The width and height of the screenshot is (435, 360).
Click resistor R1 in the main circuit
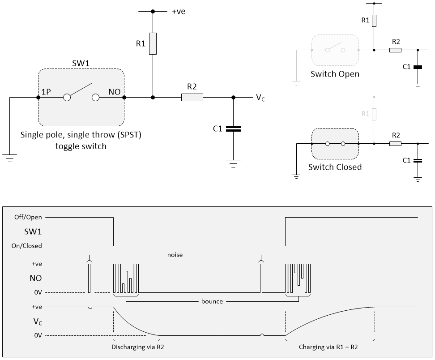(153, 43)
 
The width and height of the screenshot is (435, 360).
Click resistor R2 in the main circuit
(192, 97)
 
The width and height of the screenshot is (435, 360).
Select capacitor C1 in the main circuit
(233, 129)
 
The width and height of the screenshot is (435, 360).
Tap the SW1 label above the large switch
(81, 63)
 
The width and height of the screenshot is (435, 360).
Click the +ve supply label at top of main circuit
(178, 12)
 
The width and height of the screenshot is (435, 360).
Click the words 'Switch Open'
(335, 74)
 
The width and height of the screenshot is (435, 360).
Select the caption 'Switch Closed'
(335, 167)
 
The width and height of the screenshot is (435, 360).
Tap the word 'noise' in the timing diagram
(175, 254)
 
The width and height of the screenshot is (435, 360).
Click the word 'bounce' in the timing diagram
(212, 301)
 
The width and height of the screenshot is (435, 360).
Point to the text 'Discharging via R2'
(135, 347)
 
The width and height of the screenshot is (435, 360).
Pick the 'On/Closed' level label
(26, 245)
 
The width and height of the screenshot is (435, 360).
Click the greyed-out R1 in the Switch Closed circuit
(374, 115)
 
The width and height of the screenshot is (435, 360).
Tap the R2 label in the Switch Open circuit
(396, 42)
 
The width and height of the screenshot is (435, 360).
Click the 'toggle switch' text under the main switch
(81, 146)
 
